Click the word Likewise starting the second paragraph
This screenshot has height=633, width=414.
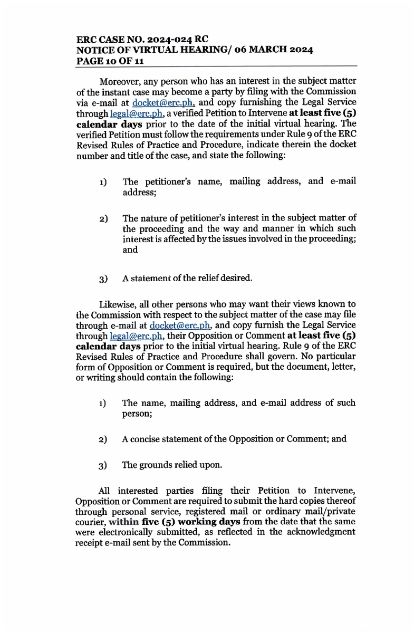pos(117,304)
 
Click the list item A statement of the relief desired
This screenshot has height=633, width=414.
pos(187,278)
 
